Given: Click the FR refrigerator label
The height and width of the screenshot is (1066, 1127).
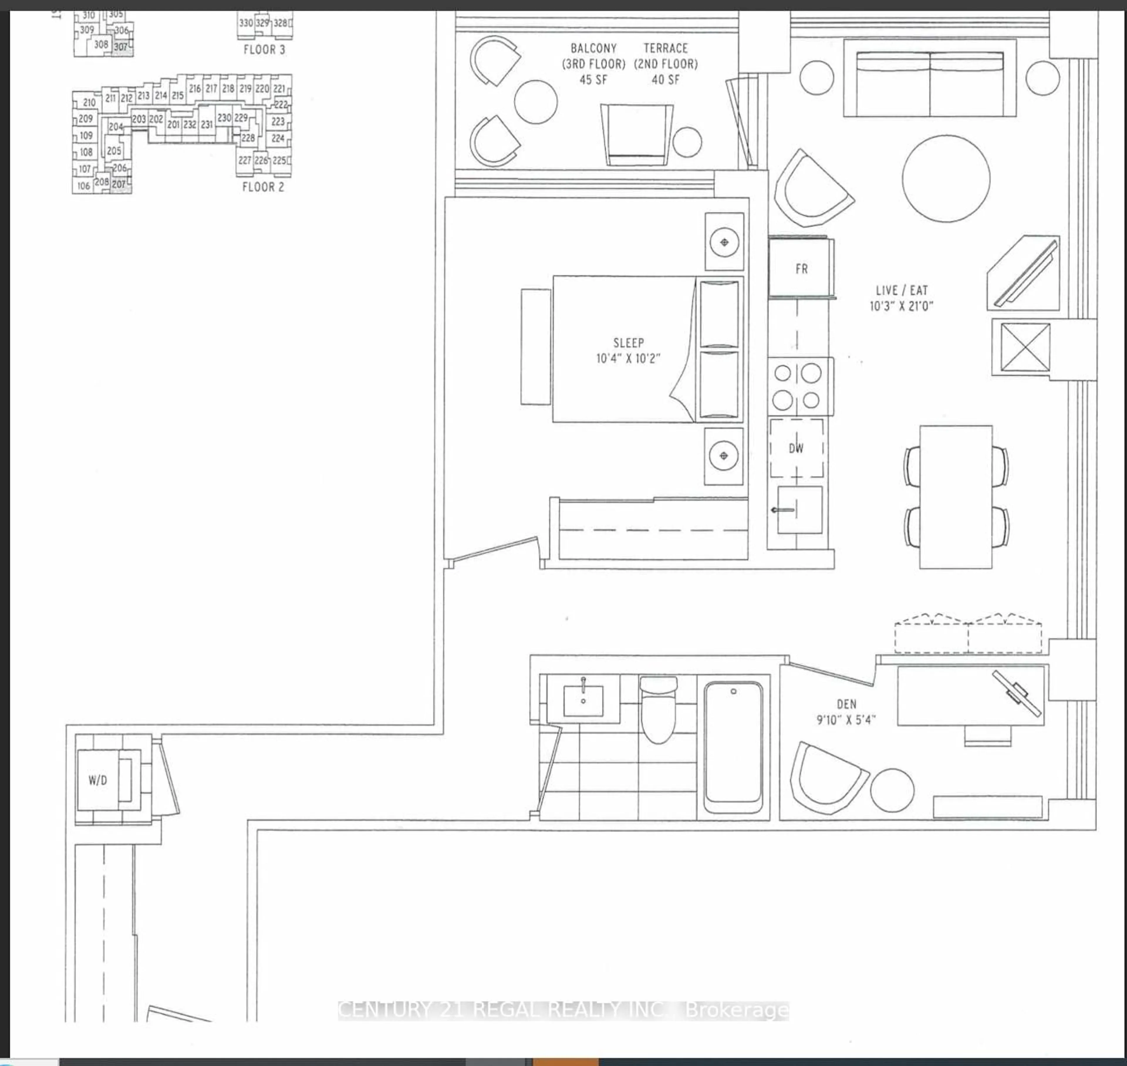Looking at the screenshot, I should [801, 269].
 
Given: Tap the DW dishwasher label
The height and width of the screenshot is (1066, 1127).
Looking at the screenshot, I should [796, 448].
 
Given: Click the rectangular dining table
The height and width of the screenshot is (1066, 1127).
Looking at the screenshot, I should [956, 497].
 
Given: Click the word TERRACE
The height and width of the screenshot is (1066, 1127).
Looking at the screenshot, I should [666, 48].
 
